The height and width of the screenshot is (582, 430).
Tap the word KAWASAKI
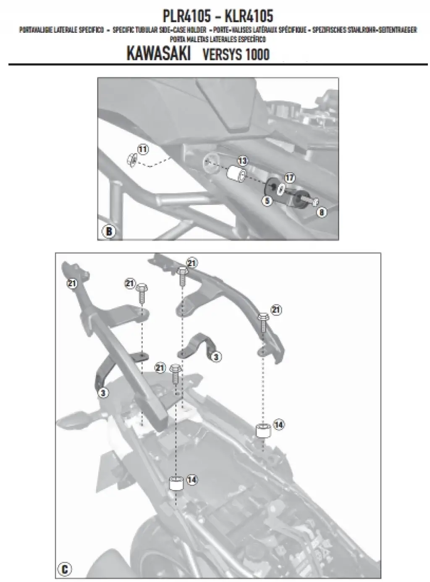tap(158, 55)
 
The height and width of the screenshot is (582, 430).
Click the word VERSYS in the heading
tap(218, 55)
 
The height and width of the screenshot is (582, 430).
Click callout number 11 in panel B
tap(143, 149)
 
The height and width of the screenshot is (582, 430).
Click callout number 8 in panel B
tap(322, 213)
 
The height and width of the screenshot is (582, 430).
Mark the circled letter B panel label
tap(108, 231)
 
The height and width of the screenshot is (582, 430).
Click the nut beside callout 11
tap(131, 159)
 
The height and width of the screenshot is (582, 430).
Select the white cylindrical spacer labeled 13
tap(236, 174)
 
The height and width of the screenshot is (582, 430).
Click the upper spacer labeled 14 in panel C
tap(262, 431)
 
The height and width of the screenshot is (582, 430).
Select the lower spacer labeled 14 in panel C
tap(177, 483)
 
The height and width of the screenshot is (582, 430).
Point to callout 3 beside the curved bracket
tap(216, 357)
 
